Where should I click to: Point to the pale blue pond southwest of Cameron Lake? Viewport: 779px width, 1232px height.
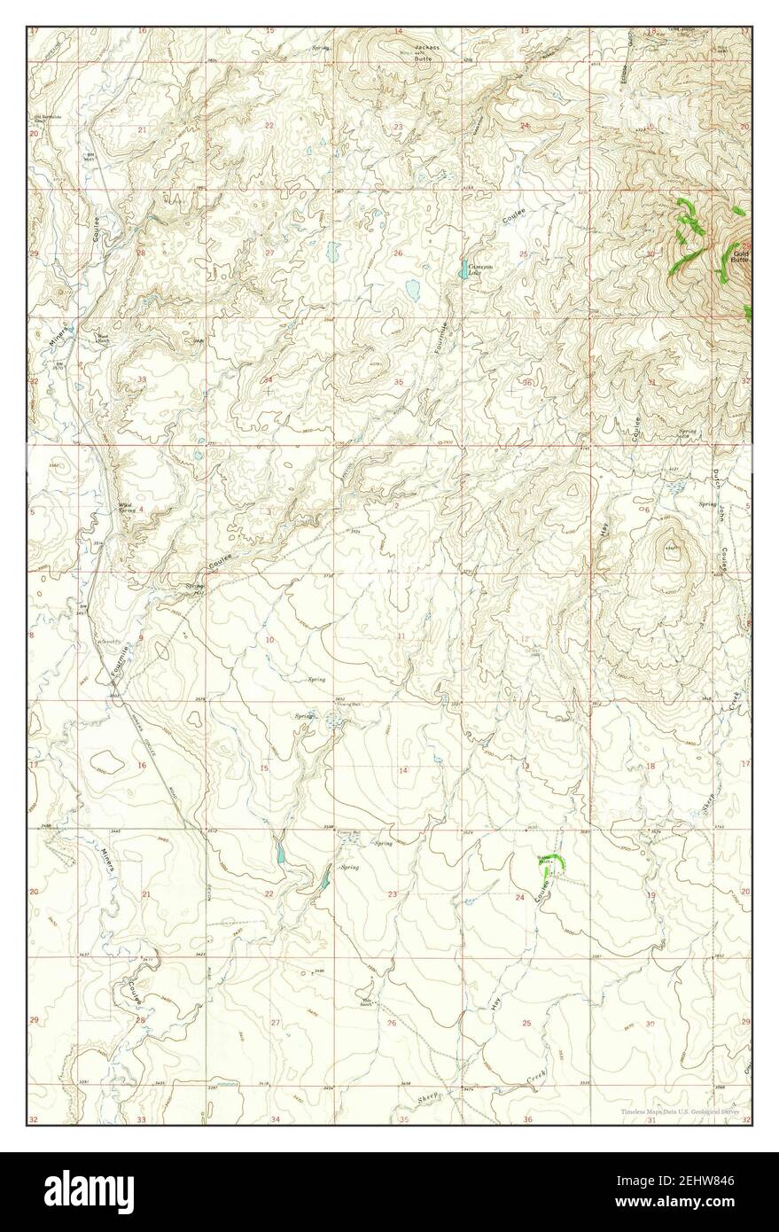click(412, 288)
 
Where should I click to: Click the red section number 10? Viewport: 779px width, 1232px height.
click(269, 639)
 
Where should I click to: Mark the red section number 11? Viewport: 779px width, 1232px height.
click(401, 636)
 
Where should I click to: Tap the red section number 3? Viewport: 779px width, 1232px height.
click(268, 511)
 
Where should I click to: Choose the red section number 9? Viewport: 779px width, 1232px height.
click(141, 638)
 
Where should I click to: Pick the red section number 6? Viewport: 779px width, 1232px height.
click(648, 510)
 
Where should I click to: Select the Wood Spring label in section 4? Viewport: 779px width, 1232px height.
click(127, 510)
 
